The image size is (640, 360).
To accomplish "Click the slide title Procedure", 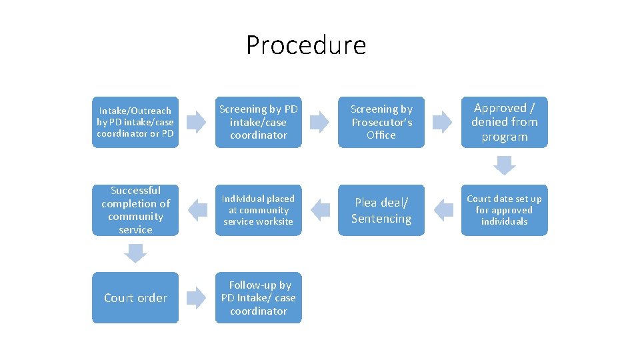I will [306, 45].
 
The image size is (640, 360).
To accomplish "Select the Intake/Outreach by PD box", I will [135, 122].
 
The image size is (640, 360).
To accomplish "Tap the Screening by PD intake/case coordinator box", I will [258, 122].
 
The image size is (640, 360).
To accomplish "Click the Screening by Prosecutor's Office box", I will [381, 122].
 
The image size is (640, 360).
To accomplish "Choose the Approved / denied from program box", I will [504, 122].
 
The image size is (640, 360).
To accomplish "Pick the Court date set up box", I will [504, 210].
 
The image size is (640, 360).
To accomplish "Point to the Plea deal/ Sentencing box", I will [381, 210].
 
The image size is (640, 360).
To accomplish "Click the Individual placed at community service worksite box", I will [258, 210].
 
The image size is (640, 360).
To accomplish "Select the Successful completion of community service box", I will [135, 210].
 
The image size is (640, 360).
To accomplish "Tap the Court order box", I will [135, 297].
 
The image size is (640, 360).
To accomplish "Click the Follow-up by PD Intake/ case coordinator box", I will [258, 297].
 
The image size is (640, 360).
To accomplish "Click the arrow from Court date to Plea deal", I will [443, 210].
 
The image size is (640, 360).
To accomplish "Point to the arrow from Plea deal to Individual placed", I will [320, 210].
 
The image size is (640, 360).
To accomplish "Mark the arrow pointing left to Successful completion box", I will [197, 210].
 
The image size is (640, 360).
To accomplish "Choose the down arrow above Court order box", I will [135, 253].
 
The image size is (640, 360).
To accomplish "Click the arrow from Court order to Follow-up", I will [197, 297].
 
